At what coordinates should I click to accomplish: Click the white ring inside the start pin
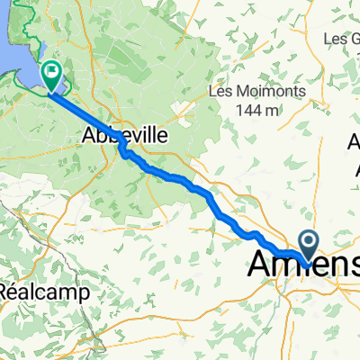pyautogui.click(x=309, y=240)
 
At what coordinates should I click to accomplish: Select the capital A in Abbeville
pyautogui.click(x=88, y=136)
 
